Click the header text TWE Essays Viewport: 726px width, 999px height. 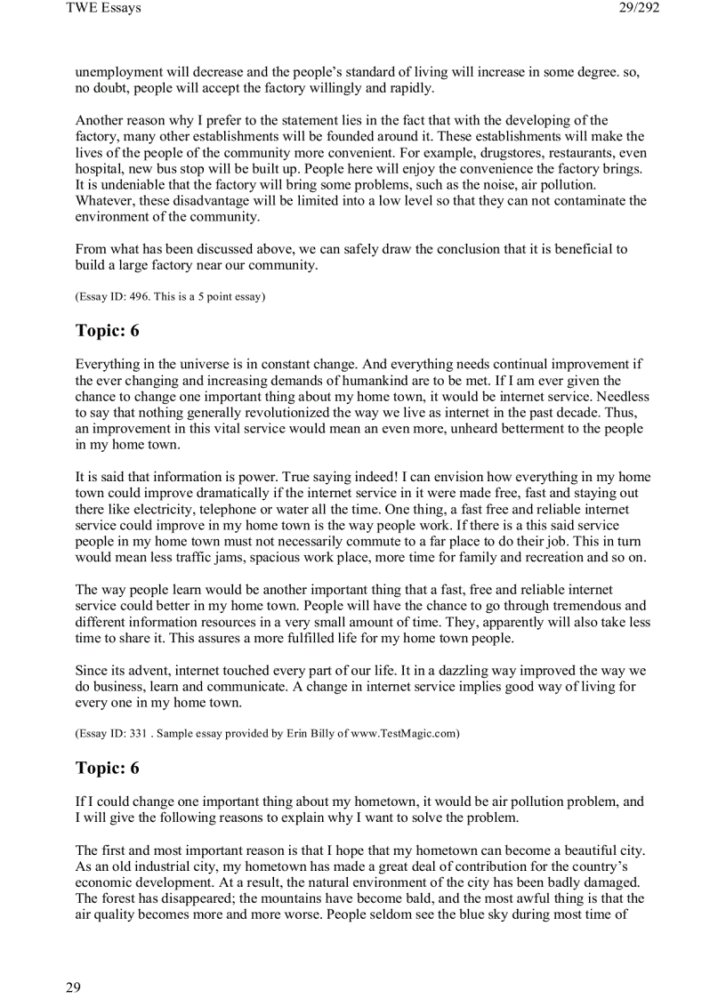[x=103, y=8]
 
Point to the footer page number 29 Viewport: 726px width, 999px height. [x=73, y=987]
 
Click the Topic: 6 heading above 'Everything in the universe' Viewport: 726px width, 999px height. [x=107, y=331]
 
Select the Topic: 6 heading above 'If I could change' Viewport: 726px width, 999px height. [x=107, y=768]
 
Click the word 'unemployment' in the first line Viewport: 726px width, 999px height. [x=117, y=72]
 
